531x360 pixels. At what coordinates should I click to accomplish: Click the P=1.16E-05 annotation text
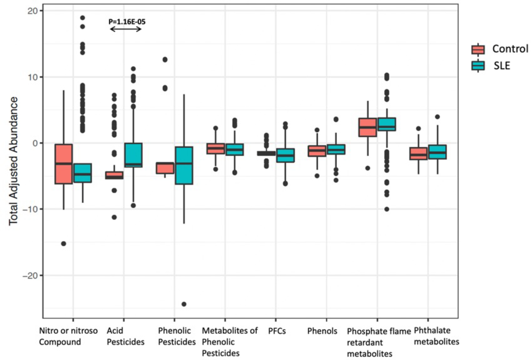coord(127,22)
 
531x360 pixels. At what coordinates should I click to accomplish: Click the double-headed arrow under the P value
coord(126,29)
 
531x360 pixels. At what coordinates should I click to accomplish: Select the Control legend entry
coord(500,49)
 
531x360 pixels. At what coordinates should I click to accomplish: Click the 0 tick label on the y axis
coord(35,143)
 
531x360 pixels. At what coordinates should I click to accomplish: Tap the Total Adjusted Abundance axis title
coord(13,161)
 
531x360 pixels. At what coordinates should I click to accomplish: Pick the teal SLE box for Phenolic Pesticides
coord(184,165)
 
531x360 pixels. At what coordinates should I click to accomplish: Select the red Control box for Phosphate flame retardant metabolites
coord(368,127)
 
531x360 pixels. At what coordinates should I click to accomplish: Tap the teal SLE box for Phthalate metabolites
coord(437,152)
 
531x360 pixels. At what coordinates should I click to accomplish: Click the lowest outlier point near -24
coord(184,304)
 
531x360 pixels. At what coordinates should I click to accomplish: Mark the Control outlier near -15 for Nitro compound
coord(64,244)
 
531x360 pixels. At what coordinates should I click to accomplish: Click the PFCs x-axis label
coord(277,331)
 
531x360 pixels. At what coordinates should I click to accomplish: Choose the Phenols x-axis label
coord(322,331)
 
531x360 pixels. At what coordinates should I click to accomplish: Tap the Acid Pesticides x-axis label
coord(125,336)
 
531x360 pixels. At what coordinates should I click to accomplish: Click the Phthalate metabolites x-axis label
coord(436,336)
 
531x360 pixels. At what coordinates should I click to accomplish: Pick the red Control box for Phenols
coord(317,151)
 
